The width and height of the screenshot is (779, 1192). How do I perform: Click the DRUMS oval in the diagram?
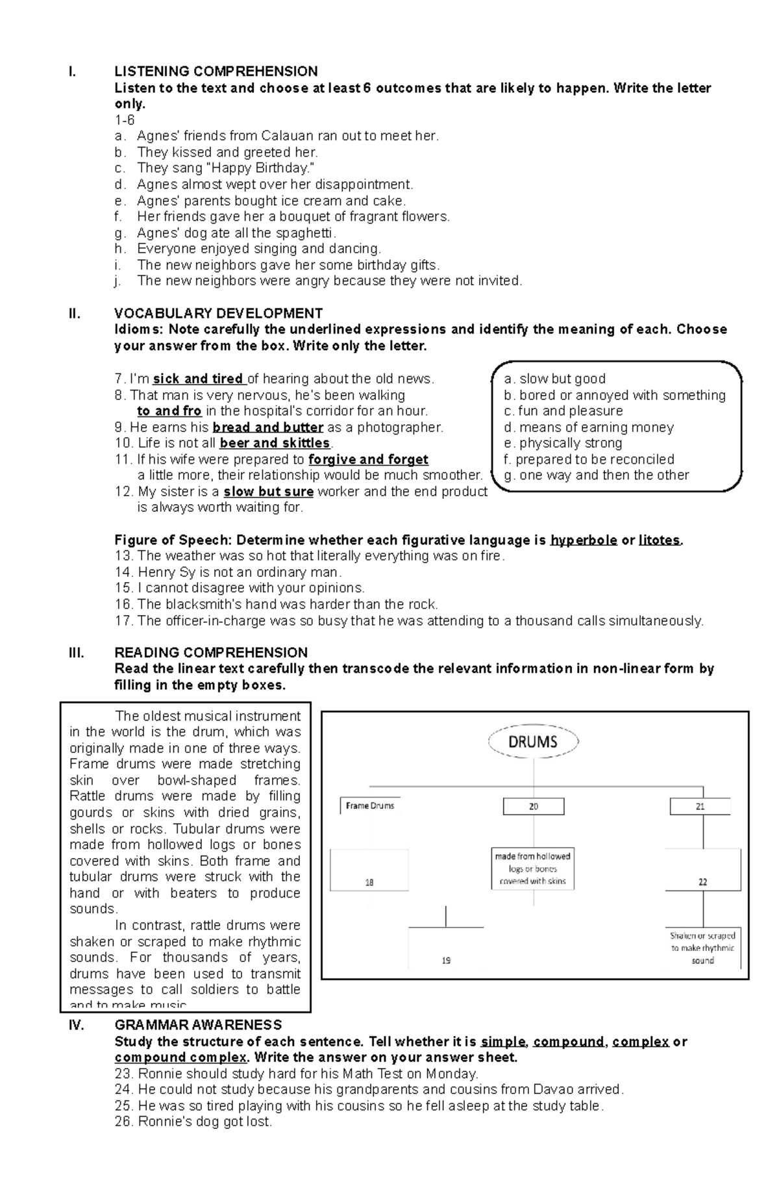click(x=532, y=742)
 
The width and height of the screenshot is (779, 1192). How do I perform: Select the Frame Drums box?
click(x=370, y=805)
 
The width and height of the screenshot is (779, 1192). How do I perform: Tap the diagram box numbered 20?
click(x=534, y=806)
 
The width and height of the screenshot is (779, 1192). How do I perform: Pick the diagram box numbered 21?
click(x=700, y=806)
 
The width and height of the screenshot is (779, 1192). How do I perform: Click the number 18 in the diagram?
click(x=369, y=882)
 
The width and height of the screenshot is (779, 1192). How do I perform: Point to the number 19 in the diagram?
click(x=446, y=960)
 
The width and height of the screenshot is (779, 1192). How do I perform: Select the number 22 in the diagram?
click(x=702, y=882)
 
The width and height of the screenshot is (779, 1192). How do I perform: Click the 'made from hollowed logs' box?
click(x=533, y=869)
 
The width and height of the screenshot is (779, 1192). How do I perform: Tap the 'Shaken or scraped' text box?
click(x=702, y=948)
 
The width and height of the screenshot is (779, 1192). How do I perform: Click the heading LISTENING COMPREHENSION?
click(x=216, y=71)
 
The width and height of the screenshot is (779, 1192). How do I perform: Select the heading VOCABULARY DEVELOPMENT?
click(x=218, y=313)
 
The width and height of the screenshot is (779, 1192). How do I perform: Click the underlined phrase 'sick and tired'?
click(x=198, y=379)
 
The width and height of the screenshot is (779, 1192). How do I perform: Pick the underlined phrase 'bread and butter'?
click(x=267, y=427)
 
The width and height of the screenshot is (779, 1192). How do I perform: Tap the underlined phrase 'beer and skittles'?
click(x=275, y=443)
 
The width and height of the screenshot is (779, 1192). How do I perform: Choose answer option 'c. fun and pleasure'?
click(x=563, y=411)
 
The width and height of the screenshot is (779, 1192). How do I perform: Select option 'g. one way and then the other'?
click(x=596, y=475)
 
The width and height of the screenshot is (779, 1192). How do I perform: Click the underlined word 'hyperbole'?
click(x=583, y=540)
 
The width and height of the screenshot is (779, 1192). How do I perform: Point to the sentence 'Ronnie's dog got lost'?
click(x=193, y=1139)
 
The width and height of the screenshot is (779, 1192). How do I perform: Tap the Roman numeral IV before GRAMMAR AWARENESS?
click(x=75, y=1025)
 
